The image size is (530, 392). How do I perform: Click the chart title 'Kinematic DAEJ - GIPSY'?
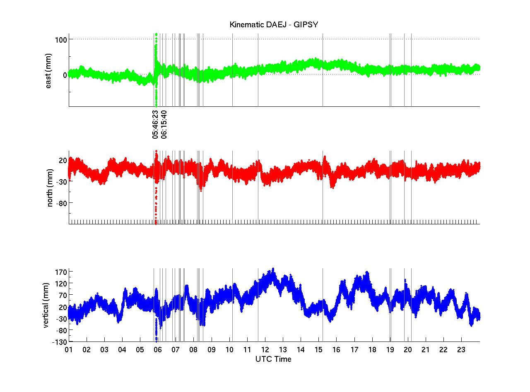point(274,25)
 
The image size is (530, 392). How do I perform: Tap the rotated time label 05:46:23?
point(155,124)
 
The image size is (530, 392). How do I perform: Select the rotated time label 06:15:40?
point(164,124)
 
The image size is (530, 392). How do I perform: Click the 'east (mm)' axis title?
point(48,71)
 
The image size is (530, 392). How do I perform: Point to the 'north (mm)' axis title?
point(50,188)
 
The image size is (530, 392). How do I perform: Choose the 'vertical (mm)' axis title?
point(46,305)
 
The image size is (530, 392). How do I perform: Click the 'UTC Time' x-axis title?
point(273,359)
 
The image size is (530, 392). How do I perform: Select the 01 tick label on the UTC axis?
point(69,350)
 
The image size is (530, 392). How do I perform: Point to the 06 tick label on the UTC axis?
point(158,350)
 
